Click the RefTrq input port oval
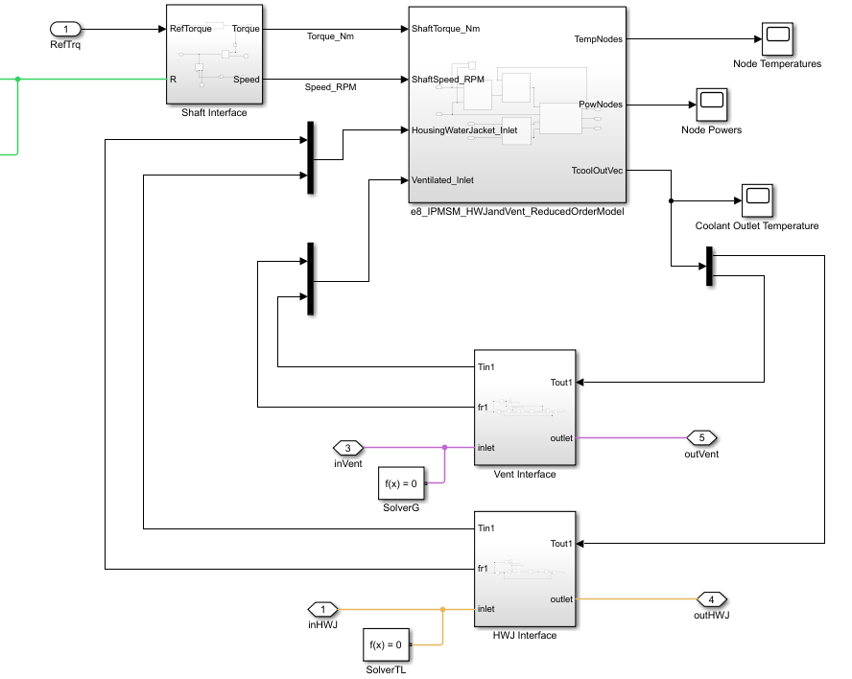tap(66, 29)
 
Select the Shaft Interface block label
tap(214, 112)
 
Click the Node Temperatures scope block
tap(776, 38)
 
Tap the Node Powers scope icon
tap(711, 104)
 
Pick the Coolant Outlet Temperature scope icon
tap(757, 199)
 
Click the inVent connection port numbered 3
tap(347, 447)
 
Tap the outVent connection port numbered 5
tap(702, 437)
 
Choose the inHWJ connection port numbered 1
tap(323, 609)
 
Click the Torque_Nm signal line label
tap(331, 36)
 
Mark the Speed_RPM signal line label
tap(331, 86)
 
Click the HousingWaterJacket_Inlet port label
tap(464, 129)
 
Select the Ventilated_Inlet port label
tap(442, 179)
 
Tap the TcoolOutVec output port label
tap(597, 170)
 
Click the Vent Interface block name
tap(524, 474)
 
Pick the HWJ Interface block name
tap(524, 635)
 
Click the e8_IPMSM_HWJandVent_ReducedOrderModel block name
tap(517, 211)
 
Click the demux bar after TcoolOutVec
tap(710, 266)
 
